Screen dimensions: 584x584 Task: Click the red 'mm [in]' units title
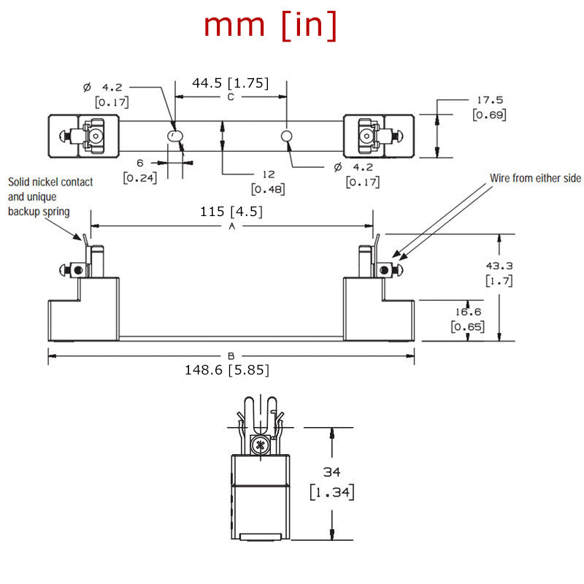[x=270, y=26]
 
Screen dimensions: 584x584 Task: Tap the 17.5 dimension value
[x=489, y=100]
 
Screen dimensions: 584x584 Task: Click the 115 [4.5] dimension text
[x=231, y=212]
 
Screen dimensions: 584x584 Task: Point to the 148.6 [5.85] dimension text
[x=226, y=370]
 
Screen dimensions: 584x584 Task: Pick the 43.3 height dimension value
[x=499, y=266]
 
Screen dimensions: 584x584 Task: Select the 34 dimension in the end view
[x=331, y=473]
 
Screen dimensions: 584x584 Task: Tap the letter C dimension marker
[x=230, y=96]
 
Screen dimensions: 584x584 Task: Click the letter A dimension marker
[x=232, y=226]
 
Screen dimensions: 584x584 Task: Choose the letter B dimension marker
[x=231, y=356]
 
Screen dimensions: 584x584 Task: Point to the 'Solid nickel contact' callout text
[x=50, y=182]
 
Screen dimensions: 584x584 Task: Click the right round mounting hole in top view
[x=288, y=136]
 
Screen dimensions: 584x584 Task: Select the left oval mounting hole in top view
[x=173, y=137]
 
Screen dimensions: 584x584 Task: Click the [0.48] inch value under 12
[x=268, y=189]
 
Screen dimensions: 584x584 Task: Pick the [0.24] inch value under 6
[x=139, y=177]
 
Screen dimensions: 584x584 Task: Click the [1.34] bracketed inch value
[x=331, y=492]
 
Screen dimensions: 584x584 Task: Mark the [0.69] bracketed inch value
[x=489, y=115]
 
